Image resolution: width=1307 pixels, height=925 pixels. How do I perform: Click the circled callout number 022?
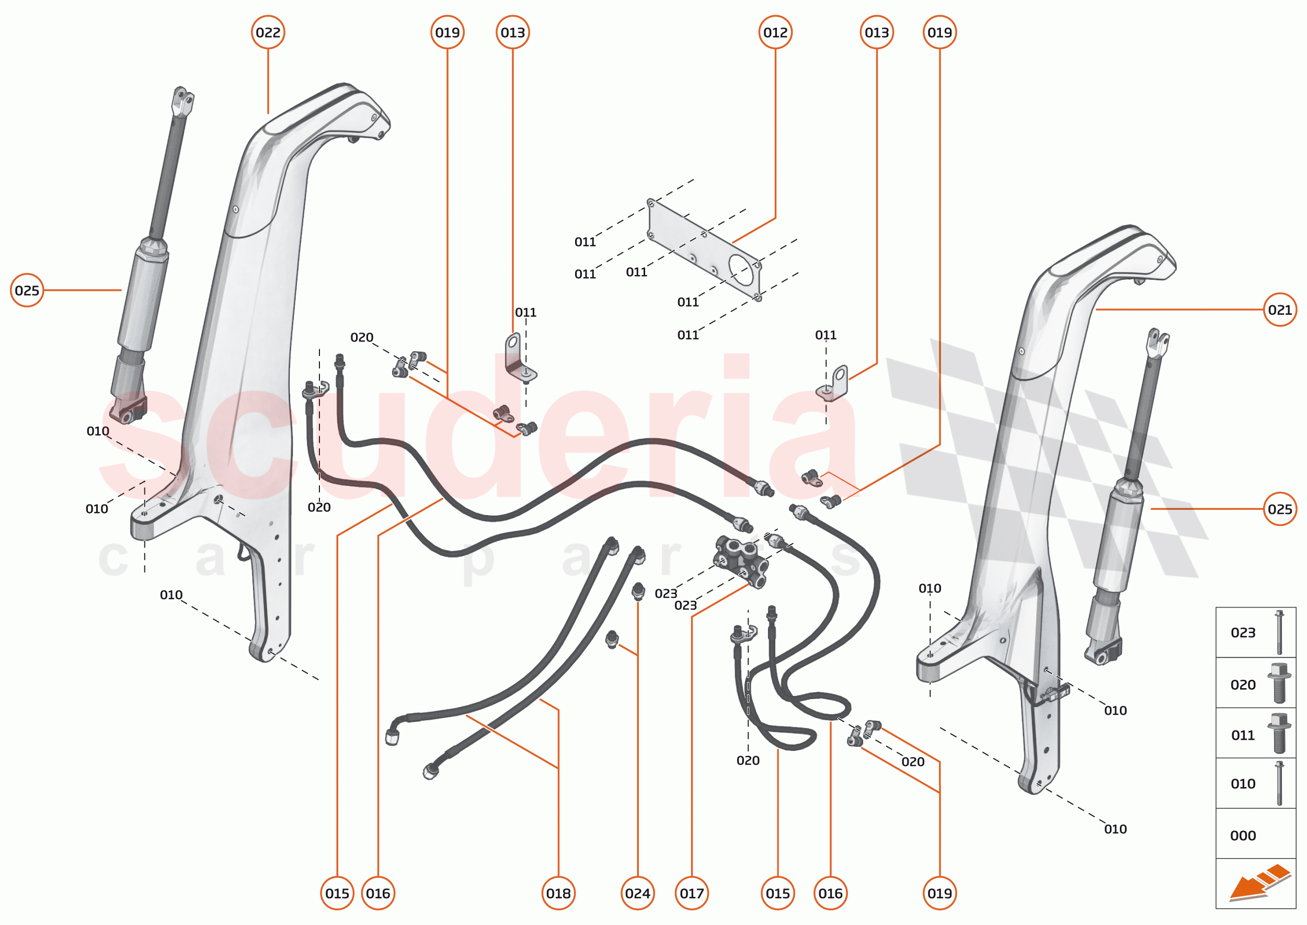[x=268, y=32]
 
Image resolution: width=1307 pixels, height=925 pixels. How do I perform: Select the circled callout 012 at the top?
[x=775, y=32]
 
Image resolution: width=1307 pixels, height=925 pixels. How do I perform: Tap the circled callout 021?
[x=1280, y=310]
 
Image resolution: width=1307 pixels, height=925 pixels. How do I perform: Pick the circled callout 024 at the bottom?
[x=637, y=894]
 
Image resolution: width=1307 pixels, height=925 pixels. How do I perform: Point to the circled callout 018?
[x=558, y=894]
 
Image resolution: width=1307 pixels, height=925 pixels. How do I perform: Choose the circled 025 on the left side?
[x=27, y=291]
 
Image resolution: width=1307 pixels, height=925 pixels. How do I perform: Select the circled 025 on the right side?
[x=1280, y=509]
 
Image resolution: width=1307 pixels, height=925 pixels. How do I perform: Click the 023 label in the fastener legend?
[x=1243, y=633]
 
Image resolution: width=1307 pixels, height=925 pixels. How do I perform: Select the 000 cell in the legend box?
[x=1243, y=836]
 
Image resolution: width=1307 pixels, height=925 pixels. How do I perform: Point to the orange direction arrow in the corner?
[x=1258, y=883]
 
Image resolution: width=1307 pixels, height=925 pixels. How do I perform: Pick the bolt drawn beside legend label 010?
[x=1279, y=783]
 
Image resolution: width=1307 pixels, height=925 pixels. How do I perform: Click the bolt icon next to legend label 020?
[x=1279, y=683]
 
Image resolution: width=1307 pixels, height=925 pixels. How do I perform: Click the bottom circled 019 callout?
[x=939, y=894]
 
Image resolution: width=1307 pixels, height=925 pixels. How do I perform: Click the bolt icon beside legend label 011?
[x=1279, y=734]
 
